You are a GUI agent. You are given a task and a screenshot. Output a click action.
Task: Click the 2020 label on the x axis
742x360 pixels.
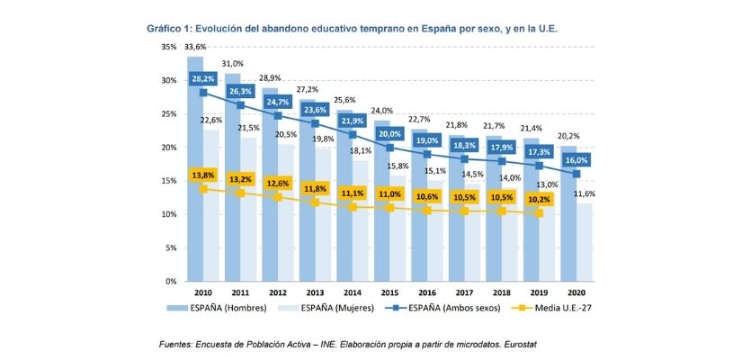[x=575, y=294]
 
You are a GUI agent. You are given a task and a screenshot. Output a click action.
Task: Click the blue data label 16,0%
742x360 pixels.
[x=575, y=159]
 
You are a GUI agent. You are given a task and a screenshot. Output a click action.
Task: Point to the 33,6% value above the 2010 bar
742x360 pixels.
[x=195, y=47]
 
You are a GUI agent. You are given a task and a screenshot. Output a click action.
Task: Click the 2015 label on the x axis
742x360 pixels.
[x=389, y=294]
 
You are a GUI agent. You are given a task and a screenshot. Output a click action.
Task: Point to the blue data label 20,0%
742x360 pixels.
[x=389, y=133]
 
